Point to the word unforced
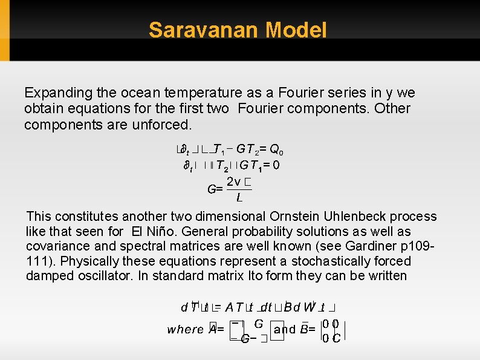coord(162,125)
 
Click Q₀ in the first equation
coord(277,149)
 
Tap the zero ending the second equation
coord(276,165)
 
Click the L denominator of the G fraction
coord(239,198)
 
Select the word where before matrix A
coord(185,330)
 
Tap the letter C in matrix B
coord(336,338)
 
